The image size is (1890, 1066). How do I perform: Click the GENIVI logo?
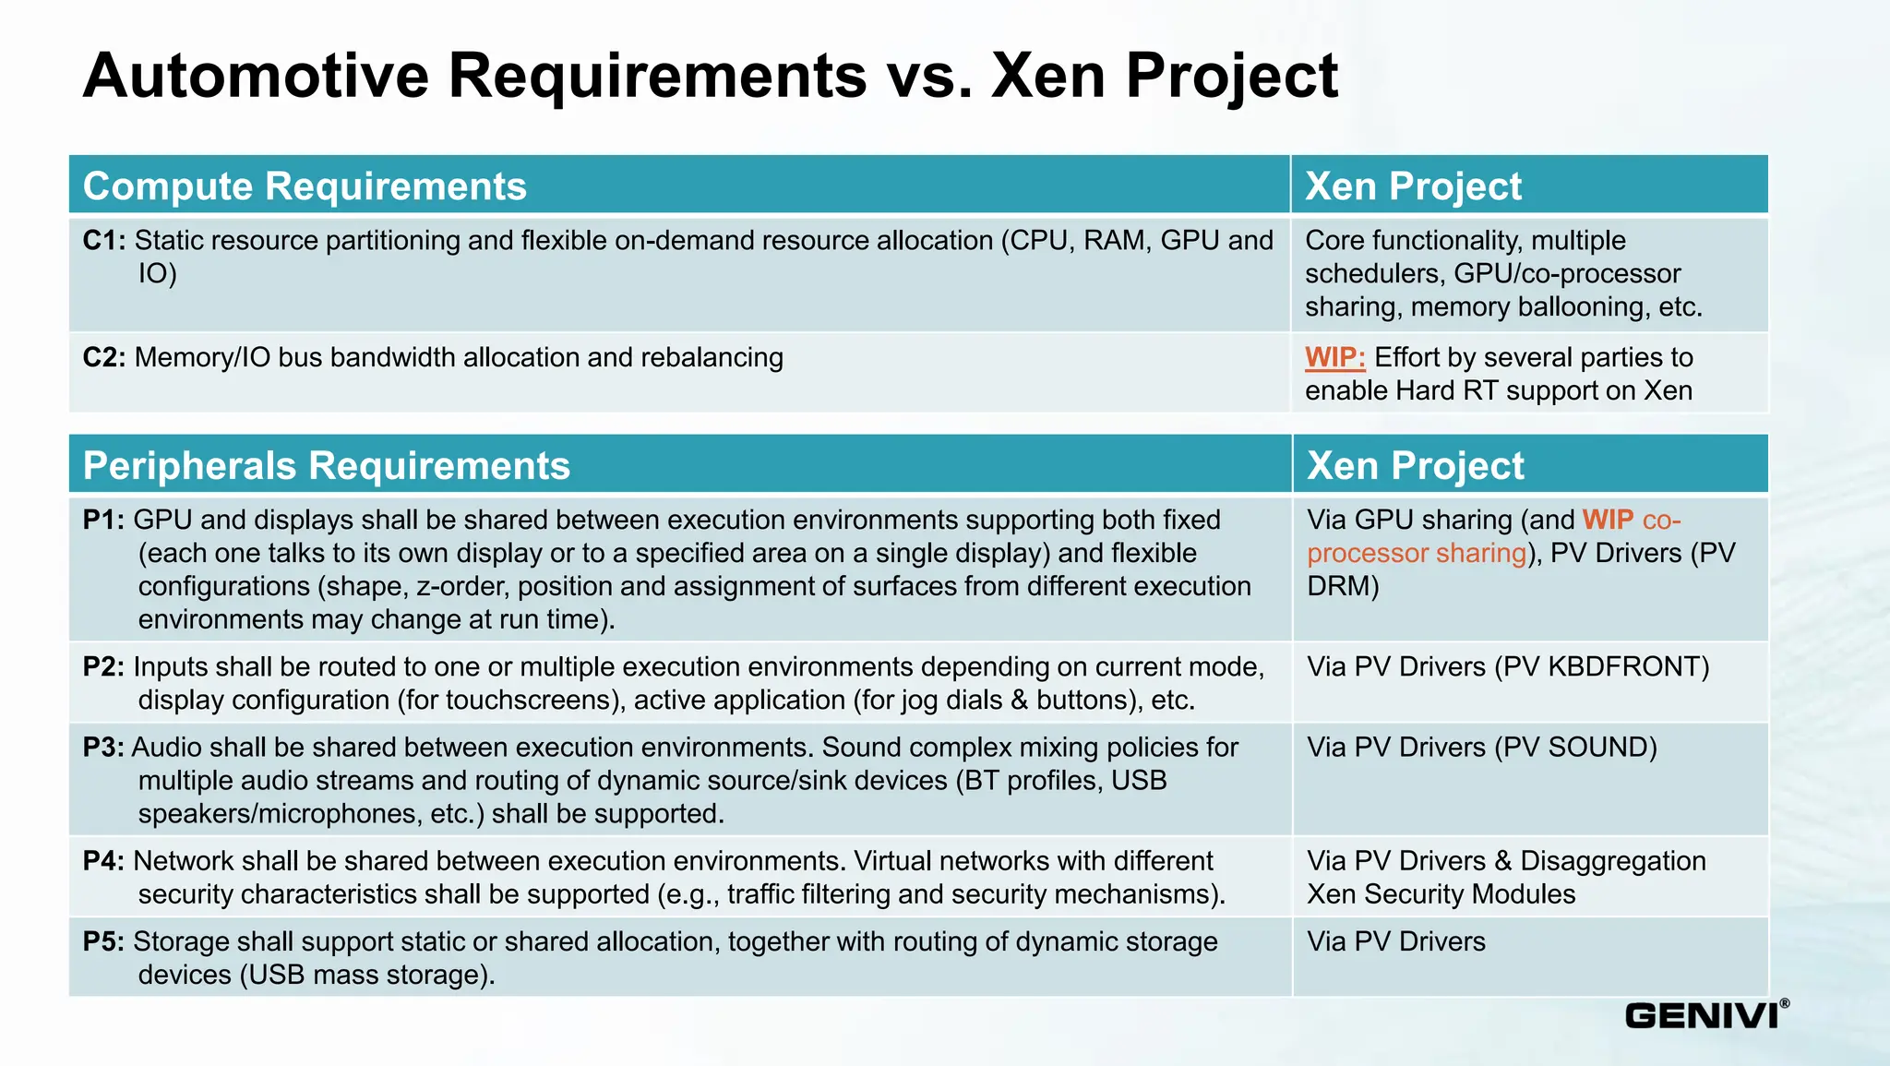[x=1705, y=1014]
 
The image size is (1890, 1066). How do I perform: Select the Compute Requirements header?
[x=305, y=186]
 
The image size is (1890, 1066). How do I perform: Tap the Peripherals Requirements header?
[x=327, y=466]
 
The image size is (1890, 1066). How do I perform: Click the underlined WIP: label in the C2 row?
[x=1334, y=358]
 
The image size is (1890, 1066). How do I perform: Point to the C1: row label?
[x=104, y=241]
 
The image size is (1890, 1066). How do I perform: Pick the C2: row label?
[x=104, y=358]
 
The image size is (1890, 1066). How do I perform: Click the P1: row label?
[x=103, y=521]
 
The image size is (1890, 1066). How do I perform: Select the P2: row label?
[x=103, y=667]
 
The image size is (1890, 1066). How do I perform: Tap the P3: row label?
[x=103, y=748]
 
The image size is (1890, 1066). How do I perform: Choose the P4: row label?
[x=103, y=861]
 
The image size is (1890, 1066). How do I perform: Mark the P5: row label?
[x=103, y=942]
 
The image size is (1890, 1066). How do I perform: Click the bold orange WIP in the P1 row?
[x=1608, y=521]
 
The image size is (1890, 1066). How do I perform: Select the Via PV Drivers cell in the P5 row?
[x=1396, y=942]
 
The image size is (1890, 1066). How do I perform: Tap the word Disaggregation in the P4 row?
[x=1613, y=861]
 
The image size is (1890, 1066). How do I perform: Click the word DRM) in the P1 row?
[x=1343, y=587]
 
